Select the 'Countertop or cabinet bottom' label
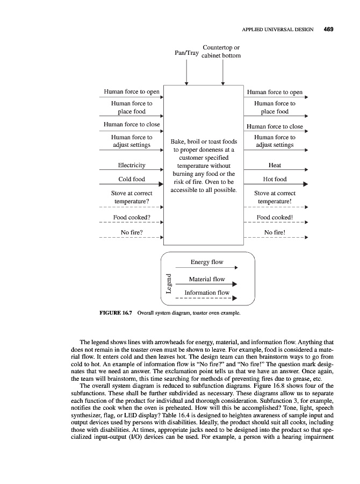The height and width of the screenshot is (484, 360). pos(221,52)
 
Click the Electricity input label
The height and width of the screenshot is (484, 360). pos(132,165)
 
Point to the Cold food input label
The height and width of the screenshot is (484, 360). pos(132,179)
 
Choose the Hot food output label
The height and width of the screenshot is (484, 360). pos(275,179)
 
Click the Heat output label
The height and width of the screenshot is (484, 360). pos(275,165)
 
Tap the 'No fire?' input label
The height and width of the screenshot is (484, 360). pos(131,232)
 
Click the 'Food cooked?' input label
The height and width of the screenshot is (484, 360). pos(131,218)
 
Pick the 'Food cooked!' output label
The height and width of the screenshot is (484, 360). pos(275,218)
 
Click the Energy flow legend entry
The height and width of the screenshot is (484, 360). pos(207,262)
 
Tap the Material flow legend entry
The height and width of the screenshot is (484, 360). pos(207,279)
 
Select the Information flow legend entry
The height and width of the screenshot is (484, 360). pos(207,293)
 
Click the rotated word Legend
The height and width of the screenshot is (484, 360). pos(169,283)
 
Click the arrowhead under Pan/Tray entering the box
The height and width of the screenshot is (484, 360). pos(186,83)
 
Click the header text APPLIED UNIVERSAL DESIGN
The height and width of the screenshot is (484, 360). pos(278,30)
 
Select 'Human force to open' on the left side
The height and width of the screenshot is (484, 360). pos(131,92)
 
